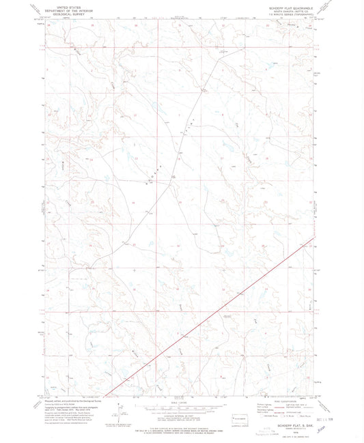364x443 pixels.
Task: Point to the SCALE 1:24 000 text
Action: pos(183,401)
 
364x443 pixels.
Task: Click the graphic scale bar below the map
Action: pos(183,406)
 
